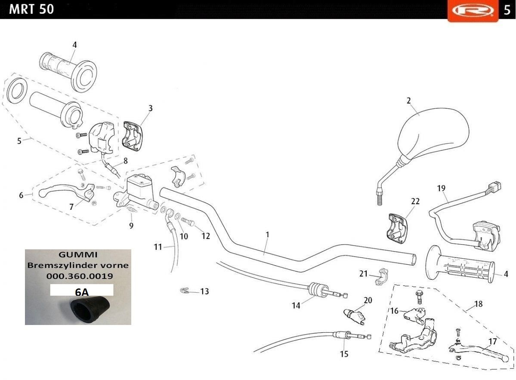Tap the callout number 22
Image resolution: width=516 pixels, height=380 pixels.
click(x=415, y=201)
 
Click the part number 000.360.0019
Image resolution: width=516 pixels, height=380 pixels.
click(x=80, y=276)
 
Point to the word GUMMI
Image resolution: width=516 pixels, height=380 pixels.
click(x=78, y=254)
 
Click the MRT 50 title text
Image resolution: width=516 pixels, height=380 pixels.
click(x=31, y=9)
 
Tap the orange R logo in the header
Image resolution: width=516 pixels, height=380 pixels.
click(x=473, y=10)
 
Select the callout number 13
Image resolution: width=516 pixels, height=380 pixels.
click(x=205, y=291)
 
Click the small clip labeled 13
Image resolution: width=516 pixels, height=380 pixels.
click(x=185, y=290)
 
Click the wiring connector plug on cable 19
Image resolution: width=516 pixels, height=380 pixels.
click(x=494, y=187)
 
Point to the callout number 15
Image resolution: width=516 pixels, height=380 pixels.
click(x=344, y=354)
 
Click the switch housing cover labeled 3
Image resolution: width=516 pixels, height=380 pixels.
click(x=133, y=136)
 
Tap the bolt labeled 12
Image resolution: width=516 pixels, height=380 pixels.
click(x=187, y=221)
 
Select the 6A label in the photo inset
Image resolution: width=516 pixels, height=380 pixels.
click(x=82, y=292)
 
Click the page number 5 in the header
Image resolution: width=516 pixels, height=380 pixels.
click(x=507, y=10)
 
